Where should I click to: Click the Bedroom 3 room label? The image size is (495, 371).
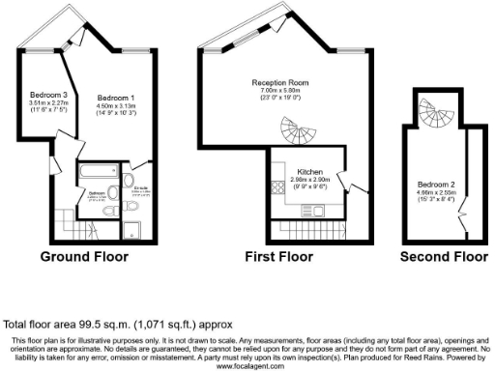(48, 95)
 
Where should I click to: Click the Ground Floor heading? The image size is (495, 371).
(88, 258)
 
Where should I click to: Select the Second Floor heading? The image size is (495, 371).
(444, 258)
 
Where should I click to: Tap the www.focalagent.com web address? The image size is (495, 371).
(247, 366)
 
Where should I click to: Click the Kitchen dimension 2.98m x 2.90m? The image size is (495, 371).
(310, 180)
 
